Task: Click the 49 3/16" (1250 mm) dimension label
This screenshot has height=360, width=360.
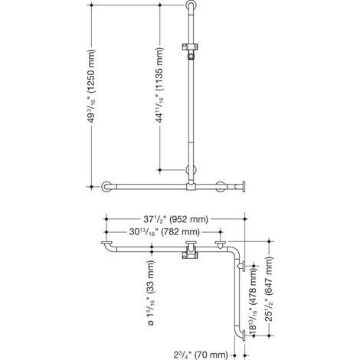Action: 91,86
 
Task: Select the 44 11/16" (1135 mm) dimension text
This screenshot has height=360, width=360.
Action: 160,85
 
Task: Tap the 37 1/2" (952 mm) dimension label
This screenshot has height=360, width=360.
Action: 175,219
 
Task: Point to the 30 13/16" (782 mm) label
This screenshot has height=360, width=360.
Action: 164,232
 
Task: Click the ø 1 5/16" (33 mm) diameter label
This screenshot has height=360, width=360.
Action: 152,293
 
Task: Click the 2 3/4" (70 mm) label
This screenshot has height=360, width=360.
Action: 201,355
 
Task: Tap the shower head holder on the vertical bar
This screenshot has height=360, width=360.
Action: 190,51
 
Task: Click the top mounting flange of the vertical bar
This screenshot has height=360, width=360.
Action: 190,5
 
